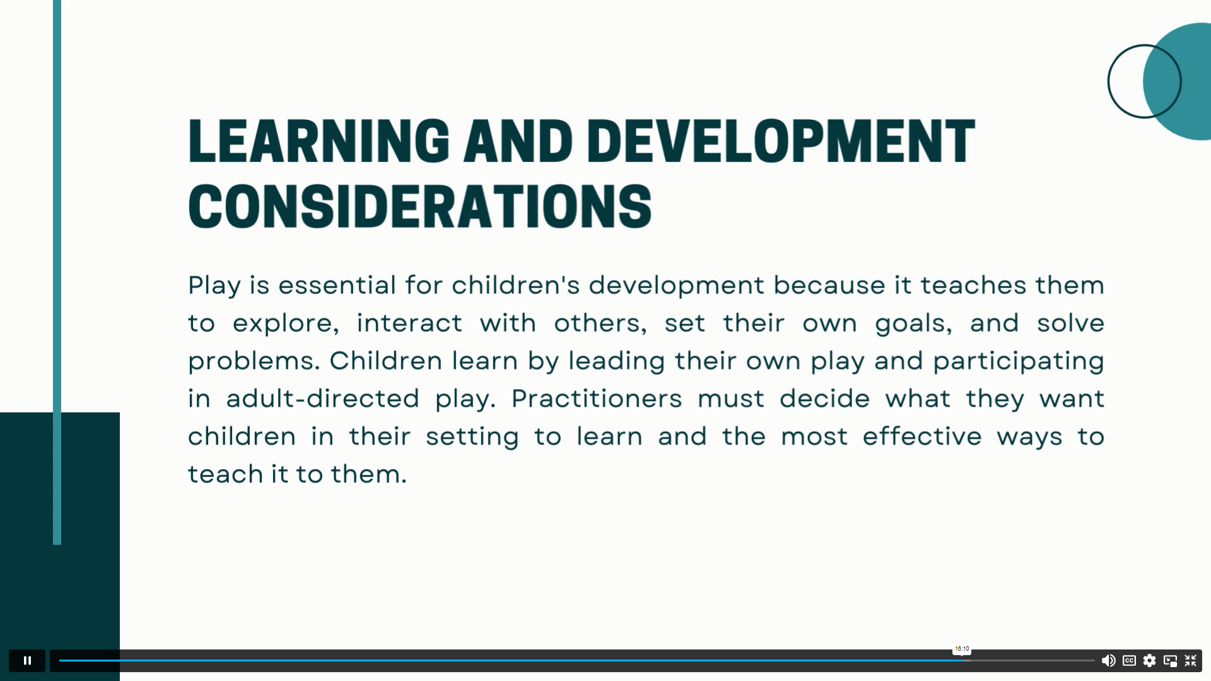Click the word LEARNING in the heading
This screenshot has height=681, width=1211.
[x=319, y=141]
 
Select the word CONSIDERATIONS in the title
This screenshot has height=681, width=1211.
[x=420, y=207]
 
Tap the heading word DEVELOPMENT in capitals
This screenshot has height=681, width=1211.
[x=781, y=141]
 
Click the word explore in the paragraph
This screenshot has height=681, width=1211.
[x=286, y=323]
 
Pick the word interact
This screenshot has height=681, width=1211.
[x=409, y=323]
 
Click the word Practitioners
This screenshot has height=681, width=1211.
[x=597, y=399]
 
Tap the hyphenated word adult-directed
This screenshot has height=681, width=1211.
[x=323, y=399]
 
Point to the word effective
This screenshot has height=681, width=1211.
[x=922, y=436]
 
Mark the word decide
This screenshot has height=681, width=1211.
[x=825, y=399]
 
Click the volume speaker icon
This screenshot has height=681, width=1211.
[x=1108, y=661]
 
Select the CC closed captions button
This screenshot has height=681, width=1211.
[x=1129, y=661]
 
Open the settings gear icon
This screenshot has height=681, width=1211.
[x=1150, y=661]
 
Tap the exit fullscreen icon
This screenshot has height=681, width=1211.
[x=1191, y=661]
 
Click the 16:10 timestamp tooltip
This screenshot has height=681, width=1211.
[x=962, y=649]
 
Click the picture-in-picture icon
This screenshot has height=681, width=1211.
[x=1171, y=661]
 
